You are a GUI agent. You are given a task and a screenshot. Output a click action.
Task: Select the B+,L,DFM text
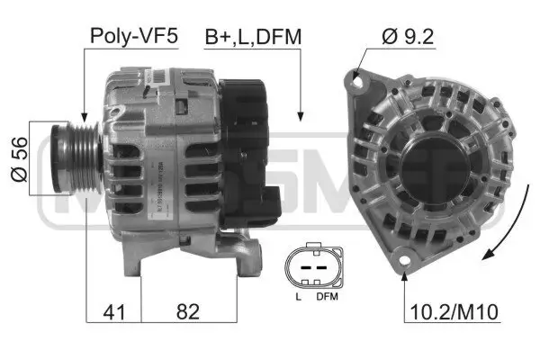(253, 37)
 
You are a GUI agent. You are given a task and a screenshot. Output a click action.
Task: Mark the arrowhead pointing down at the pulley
(82, 118)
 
